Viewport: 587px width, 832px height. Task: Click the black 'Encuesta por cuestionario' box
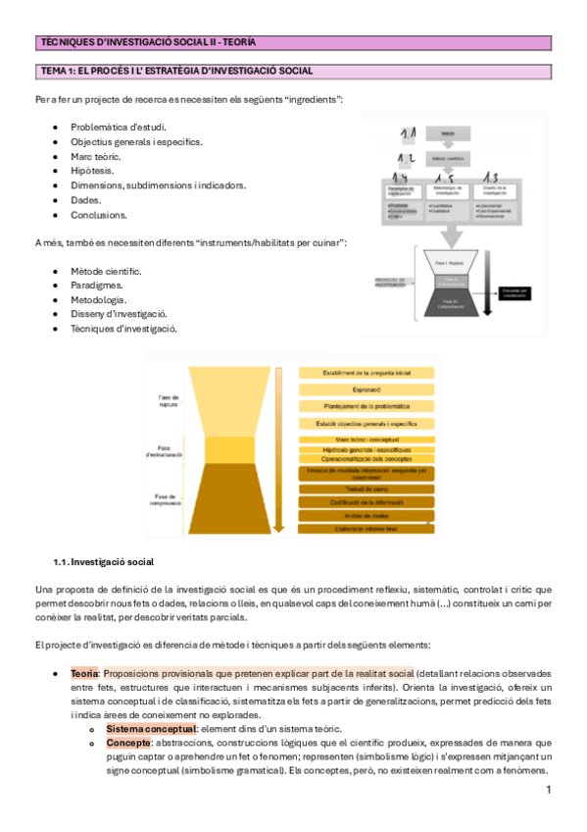tap(514, 293)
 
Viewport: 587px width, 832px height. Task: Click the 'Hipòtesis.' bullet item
tap(92, 171)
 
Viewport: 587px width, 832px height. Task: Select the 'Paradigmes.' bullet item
tap(98, 285)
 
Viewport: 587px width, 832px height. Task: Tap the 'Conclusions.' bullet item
tap(98, 215)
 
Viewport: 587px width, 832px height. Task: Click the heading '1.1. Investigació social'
tap(103, 562)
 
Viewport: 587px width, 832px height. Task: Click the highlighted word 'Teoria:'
tap(84, 674)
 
